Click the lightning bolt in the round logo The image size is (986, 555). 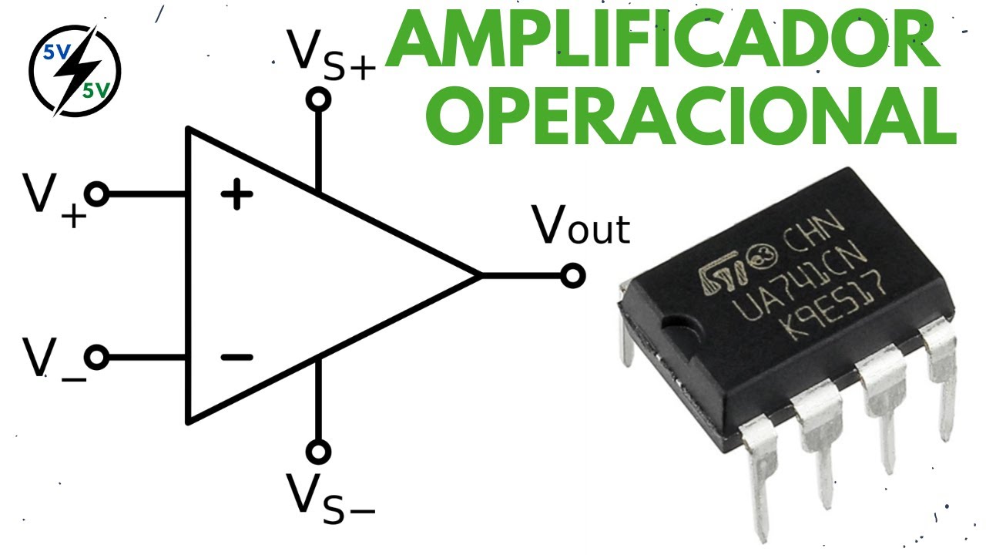[74, 71]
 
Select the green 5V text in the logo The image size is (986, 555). [96, 90]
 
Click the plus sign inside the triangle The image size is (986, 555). [236, 196]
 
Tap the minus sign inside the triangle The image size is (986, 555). [236, 357]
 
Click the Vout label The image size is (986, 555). [582, 227]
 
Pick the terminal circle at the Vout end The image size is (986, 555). [572, 275]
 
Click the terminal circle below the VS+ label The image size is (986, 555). [317, 99]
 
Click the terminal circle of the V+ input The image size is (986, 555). [97, 195]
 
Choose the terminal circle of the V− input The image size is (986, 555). [97, 358]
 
